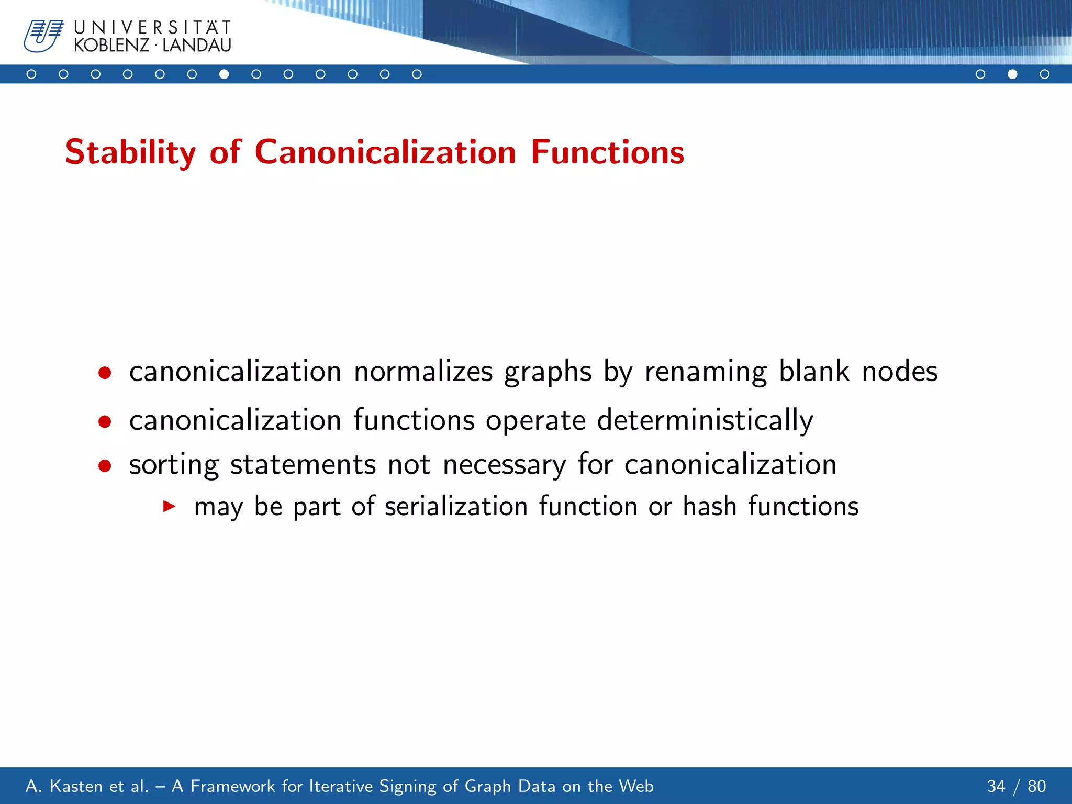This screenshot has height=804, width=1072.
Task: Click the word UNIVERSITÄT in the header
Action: click(x=152, y=27)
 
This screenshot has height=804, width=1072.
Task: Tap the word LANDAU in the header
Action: click(x=197, y=46)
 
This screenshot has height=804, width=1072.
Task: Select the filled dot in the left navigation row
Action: click(x=224, y=74)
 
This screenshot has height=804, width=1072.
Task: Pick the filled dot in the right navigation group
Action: click(x=1012, y=74)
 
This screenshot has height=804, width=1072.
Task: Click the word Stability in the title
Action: click(x=130, y=152)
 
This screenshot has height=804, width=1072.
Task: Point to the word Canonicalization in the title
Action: click(x=385, y=152)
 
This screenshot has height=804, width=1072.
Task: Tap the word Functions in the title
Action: click(x=607, y=152)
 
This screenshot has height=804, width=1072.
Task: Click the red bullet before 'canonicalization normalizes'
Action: click(x=105, y=373)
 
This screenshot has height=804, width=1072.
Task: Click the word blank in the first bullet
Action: click(x=814, y=371)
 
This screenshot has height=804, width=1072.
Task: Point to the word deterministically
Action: click(x=705, y=420)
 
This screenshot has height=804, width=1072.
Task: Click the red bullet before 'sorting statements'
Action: click(x=105, y=465)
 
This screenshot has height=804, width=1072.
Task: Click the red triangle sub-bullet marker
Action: click(x=169, y=506)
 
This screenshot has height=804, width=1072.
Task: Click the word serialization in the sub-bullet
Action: click(x=456, y=506)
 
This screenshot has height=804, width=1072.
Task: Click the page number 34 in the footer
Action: click(x=996, y=786)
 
